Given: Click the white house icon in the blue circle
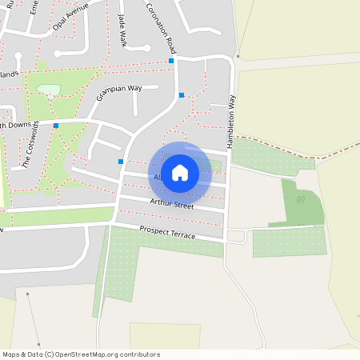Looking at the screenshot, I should point(180,173).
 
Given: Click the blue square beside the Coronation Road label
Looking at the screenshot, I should point(171,61).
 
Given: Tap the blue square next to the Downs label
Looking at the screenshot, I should point(56,126).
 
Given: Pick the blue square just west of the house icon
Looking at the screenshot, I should point(121,162).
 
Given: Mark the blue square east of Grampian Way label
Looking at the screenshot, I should point(182,95).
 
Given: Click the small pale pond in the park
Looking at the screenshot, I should point(48,90).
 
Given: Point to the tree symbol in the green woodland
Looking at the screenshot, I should point(302,199).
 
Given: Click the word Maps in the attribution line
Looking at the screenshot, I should point(11,354).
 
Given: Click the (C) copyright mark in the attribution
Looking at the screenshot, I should point(50,354).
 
